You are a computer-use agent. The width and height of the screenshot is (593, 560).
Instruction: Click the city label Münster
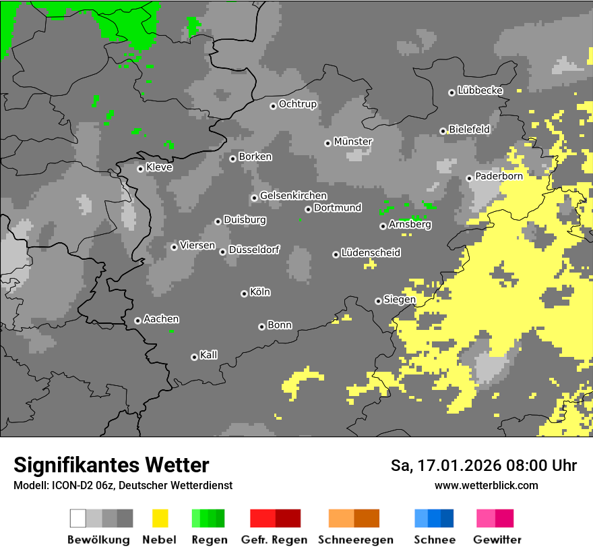coord(353,142)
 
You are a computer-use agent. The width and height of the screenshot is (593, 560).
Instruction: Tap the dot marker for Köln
coord(244,293)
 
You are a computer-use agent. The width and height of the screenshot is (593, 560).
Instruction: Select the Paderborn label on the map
coord(499,176)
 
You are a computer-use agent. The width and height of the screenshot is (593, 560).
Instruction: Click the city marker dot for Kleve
coord(140,169)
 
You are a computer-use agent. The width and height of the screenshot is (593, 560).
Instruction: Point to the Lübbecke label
coord(480,90)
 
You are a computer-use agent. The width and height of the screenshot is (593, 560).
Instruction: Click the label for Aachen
coord(161,319)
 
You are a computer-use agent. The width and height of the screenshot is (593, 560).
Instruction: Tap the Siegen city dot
coord(378,301)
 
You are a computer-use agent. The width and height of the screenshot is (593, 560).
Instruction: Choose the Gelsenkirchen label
coord(293,196)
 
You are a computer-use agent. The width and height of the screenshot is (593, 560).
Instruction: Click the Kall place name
coord(209,355)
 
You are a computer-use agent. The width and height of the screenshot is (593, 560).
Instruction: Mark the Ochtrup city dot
coord(273,106)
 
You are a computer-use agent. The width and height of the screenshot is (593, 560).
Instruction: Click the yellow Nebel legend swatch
coord(160,518)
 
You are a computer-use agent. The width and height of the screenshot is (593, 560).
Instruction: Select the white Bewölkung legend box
coord(78,518)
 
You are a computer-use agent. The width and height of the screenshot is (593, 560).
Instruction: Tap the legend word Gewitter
coord(497,540)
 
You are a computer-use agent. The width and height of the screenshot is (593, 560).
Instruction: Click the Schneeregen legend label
coord(356,540)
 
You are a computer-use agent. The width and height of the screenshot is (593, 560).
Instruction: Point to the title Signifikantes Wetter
coord(111,465)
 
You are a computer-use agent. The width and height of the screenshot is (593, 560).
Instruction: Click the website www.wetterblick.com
coord(486,485)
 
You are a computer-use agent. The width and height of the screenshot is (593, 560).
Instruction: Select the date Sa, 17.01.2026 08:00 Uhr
coord(483,466)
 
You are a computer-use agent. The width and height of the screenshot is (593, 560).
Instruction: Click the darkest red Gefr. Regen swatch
coord(288,518)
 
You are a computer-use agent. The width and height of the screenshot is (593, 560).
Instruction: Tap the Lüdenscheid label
coord(371,253)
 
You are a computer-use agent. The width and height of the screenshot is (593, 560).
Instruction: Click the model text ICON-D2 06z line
coord(123,485)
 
